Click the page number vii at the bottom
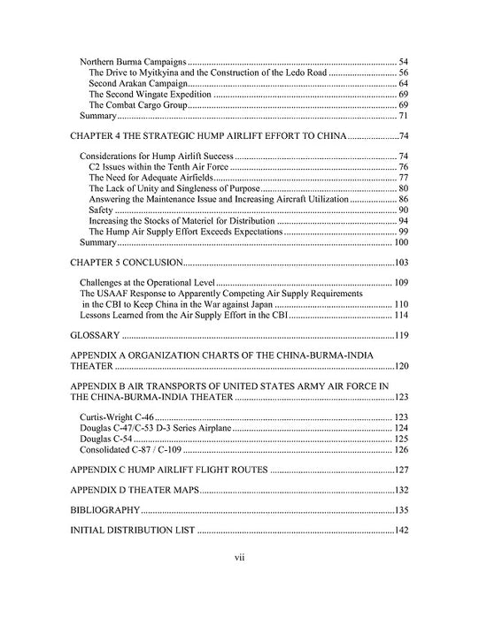coord(239,559)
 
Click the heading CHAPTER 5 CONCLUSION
coord(127,264)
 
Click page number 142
coord(400,531)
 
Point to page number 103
coord(400,264)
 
